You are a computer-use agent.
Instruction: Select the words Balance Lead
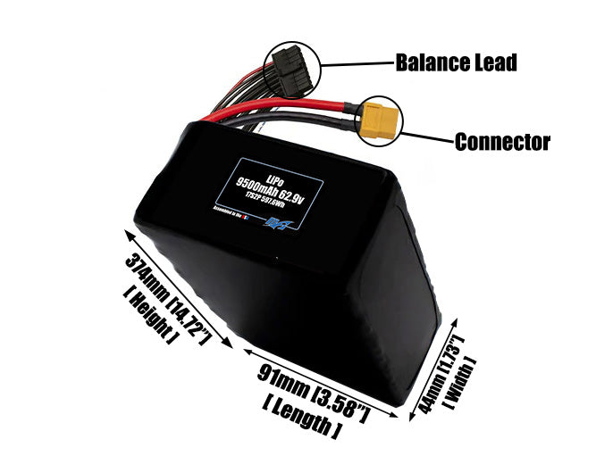coord(456,63)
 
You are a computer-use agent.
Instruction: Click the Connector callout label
coord(502,142)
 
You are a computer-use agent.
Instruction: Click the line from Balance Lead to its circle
coord(357,64)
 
